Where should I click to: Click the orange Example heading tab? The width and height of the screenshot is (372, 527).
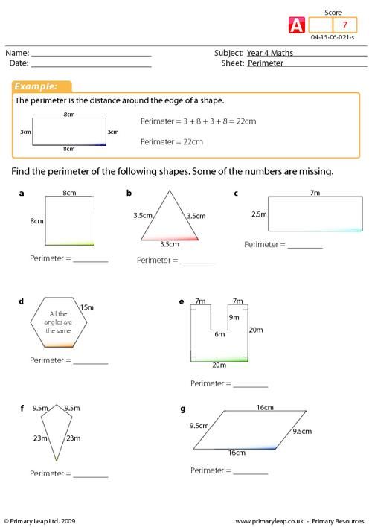pos(42,86)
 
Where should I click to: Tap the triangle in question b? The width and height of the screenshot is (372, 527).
pos(170,220)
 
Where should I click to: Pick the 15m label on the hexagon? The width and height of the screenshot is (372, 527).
pos(86,307)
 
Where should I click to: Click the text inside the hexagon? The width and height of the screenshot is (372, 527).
pos(58,325)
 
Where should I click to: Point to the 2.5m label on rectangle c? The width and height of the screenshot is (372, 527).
pos(258,214)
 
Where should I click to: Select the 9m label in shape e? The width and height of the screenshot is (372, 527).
pos(233,318)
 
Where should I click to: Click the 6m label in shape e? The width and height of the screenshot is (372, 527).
pos(219,334)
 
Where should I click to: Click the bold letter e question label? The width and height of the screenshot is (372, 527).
pos(182,302)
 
